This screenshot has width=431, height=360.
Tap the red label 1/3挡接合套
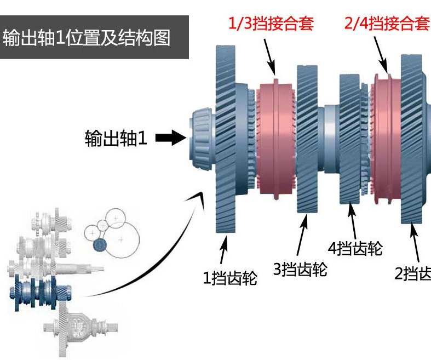tap(271, 25)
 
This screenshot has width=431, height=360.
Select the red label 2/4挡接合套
tap(386, 24)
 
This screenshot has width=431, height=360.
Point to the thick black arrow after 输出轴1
tap(171, 138)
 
